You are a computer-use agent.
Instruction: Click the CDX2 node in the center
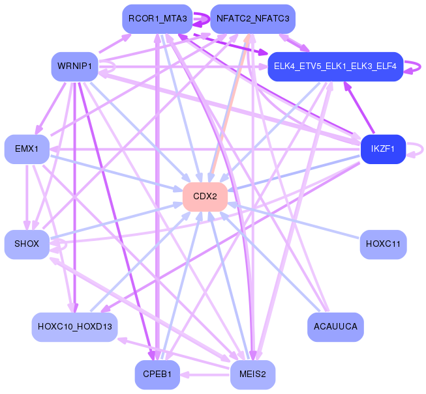pyautogui.click(x=205, y=197)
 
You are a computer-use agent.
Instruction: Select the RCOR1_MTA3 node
pyautogui.click(x=158, y=19)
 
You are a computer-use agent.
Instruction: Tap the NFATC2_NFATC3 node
pyautogui.click(x=252, y=19)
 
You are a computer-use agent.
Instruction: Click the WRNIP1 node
pyautogui.click(x=75, y=66)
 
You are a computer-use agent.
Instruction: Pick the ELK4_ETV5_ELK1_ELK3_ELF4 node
pyautogui.click(x=335, y=66)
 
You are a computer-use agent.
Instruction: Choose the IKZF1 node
pyautogui.click(x=383, y=149)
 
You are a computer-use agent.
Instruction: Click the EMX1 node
pyautogui.click(x=27, y=149)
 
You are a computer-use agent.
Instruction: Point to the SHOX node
pyautogui.click(x=27, y=244)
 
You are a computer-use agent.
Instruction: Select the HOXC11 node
pyautogui.click(x=383, y=244)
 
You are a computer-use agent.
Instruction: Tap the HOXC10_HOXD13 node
pyautogui.click(x=75, y=327)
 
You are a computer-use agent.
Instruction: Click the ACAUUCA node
pyautogui.click(x=335, y=327)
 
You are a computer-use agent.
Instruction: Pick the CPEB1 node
pyautogui.click(x=158, y=374)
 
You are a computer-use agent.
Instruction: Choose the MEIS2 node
pyautogui.click(x=252, y=374)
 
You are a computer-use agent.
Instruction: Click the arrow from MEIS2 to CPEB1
pyautogui.click(x=205, y=375)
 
